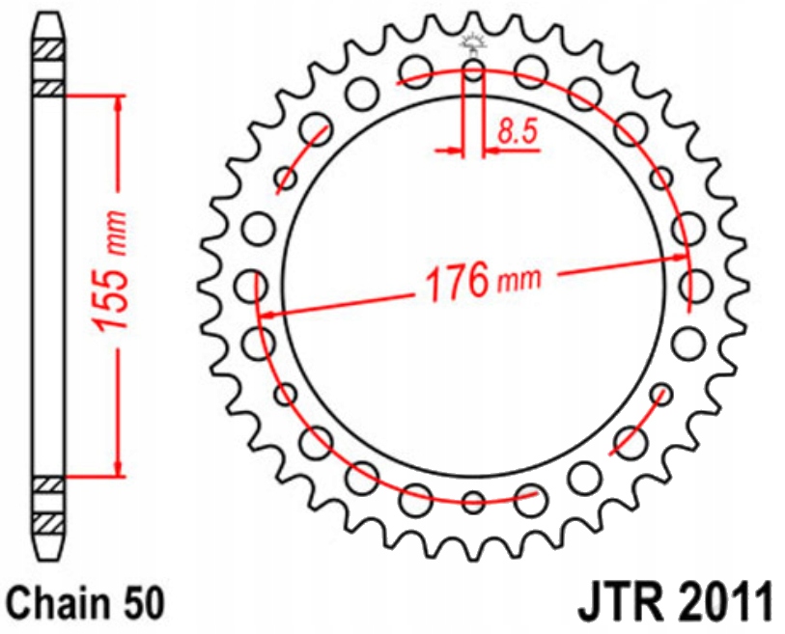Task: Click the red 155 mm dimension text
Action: pyautogui.click(x=108, y=285)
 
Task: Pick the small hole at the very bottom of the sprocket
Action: pyautogui.click(x=473, y=502)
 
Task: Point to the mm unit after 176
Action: pyautogui.click(x=519, y=281)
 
